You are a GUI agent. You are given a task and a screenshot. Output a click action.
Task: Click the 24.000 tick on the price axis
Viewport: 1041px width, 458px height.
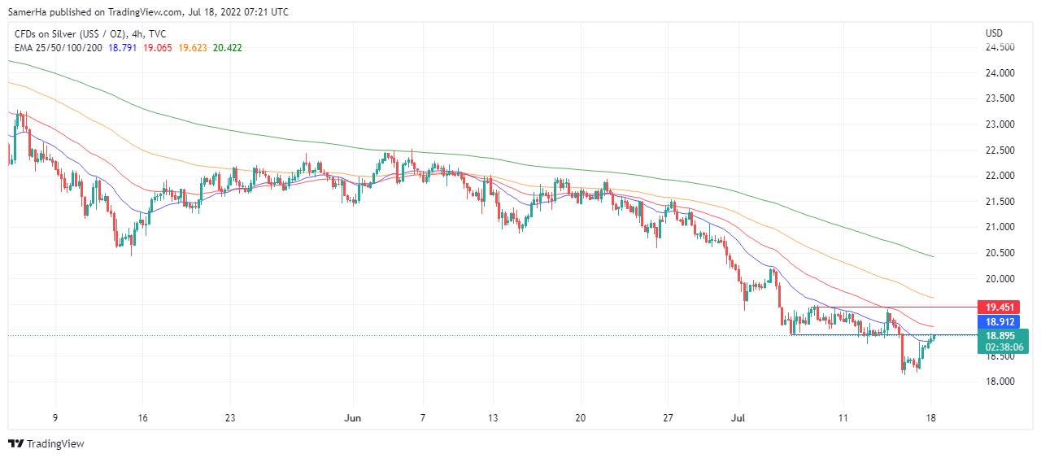point(1000,73)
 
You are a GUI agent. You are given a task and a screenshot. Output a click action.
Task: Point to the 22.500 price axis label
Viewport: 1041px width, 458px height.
point(1000,150)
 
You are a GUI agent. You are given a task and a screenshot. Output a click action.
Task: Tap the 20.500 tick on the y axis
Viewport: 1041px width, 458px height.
point(1000,253)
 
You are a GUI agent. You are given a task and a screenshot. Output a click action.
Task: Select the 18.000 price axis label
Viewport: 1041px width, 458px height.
point(1000,382)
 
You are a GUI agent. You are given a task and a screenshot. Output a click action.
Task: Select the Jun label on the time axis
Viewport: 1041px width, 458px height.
point(353,418)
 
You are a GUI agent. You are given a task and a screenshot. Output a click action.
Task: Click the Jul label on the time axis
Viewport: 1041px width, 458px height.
point(738,418)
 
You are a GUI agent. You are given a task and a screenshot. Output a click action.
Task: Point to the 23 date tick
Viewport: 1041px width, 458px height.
point(230,418)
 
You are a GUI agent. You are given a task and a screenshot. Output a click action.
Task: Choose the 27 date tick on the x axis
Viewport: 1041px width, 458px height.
point(667,418)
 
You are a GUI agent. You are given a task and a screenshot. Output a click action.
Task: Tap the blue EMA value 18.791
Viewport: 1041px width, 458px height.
point(122,48)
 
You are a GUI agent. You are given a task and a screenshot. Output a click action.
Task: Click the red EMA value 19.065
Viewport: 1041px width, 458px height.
point(158,48)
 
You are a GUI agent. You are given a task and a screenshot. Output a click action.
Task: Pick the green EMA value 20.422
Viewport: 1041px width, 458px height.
point(227,48)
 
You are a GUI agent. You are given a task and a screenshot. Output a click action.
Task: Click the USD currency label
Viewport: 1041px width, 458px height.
point(994,33)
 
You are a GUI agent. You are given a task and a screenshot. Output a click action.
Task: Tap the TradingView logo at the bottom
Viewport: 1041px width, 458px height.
point(46,443)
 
